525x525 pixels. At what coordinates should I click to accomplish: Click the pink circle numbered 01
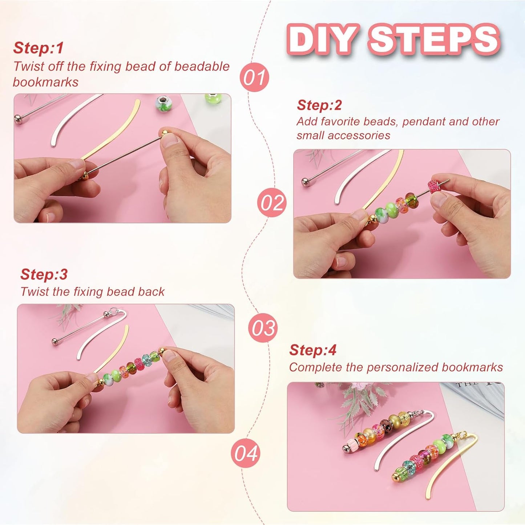[x=254, y=77]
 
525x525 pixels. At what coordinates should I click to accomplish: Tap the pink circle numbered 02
[x=272, y=202]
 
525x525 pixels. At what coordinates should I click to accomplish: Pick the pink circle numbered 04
[x=246, y=453]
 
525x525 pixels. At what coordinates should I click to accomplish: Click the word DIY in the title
[x=321, y=39]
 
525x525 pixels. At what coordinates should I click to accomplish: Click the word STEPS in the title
[x=434, y=39]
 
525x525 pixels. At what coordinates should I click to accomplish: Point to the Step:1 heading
[x=39, y=48]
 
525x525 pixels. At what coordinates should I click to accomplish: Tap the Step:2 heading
[x=319, y=105]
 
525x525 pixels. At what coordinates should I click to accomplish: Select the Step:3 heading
[x=44, y=274]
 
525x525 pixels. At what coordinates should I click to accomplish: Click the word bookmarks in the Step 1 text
[x=46, y=82]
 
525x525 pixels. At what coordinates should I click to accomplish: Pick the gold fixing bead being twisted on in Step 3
[x=162, y=351]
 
